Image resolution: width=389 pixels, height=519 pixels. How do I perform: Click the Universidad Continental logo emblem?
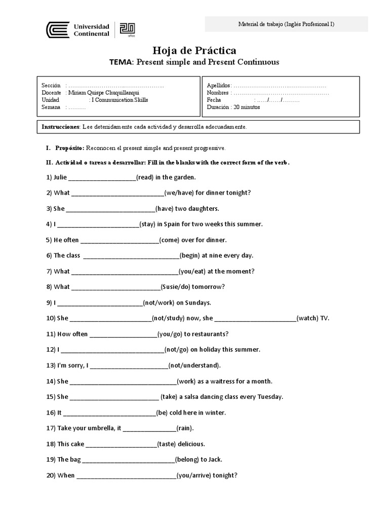click(56, 29)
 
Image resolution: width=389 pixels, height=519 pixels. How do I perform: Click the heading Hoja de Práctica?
click(194, 50)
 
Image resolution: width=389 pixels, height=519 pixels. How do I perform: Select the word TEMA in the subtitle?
click(121, 62)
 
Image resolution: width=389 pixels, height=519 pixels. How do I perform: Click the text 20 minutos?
click(247, 107)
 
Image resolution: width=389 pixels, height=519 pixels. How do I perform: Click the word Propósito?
click(69, 148)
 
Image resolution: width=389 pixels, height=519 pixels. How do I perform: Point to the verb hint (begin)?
click(190, 255)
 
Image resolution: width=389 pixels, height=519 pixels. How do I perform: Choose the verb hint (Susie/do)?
click(175, 287)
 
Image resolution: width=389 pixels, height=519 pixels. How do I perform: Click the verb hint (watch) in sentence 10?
click(307, 318)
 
